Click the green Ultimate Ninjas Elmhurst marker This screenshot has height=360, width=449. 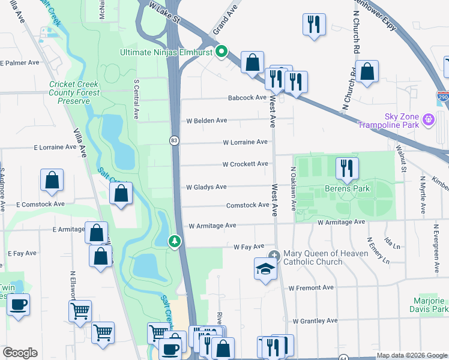(x=221, y=52)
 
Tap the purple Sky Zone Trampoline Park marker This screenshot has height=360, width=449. (x=429, y=120)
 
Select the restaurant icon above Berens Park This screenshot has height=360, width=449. (x=346, y=168)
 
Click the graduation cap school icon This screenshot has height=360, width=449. (x=264, y=269)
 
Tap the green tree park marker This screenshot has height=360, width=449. (x=175, y=241)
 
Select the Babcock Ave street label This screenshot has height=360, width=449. (x=247, y=98)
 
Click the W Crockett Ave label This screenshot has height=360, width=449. (x=245, y=164)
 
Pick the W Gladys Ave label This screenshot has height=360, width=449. (x=206, y=187)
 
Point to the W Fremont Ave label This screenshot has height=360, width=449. (x=310, y=288)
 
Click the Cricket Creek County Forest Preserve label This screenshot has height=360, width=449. (x=74, y=93)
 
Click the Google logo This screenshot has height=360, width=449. (x=20, y=353)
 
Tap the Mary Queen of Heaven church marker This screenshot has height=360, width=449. (x=274, y=255)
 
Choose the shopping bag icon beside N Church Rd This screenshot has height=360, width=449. (x=366, y=71)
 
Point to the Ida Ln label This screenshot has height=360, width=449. (x=392, y=245)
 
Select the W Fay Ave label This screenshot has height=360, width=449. (x=249, y=247)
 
